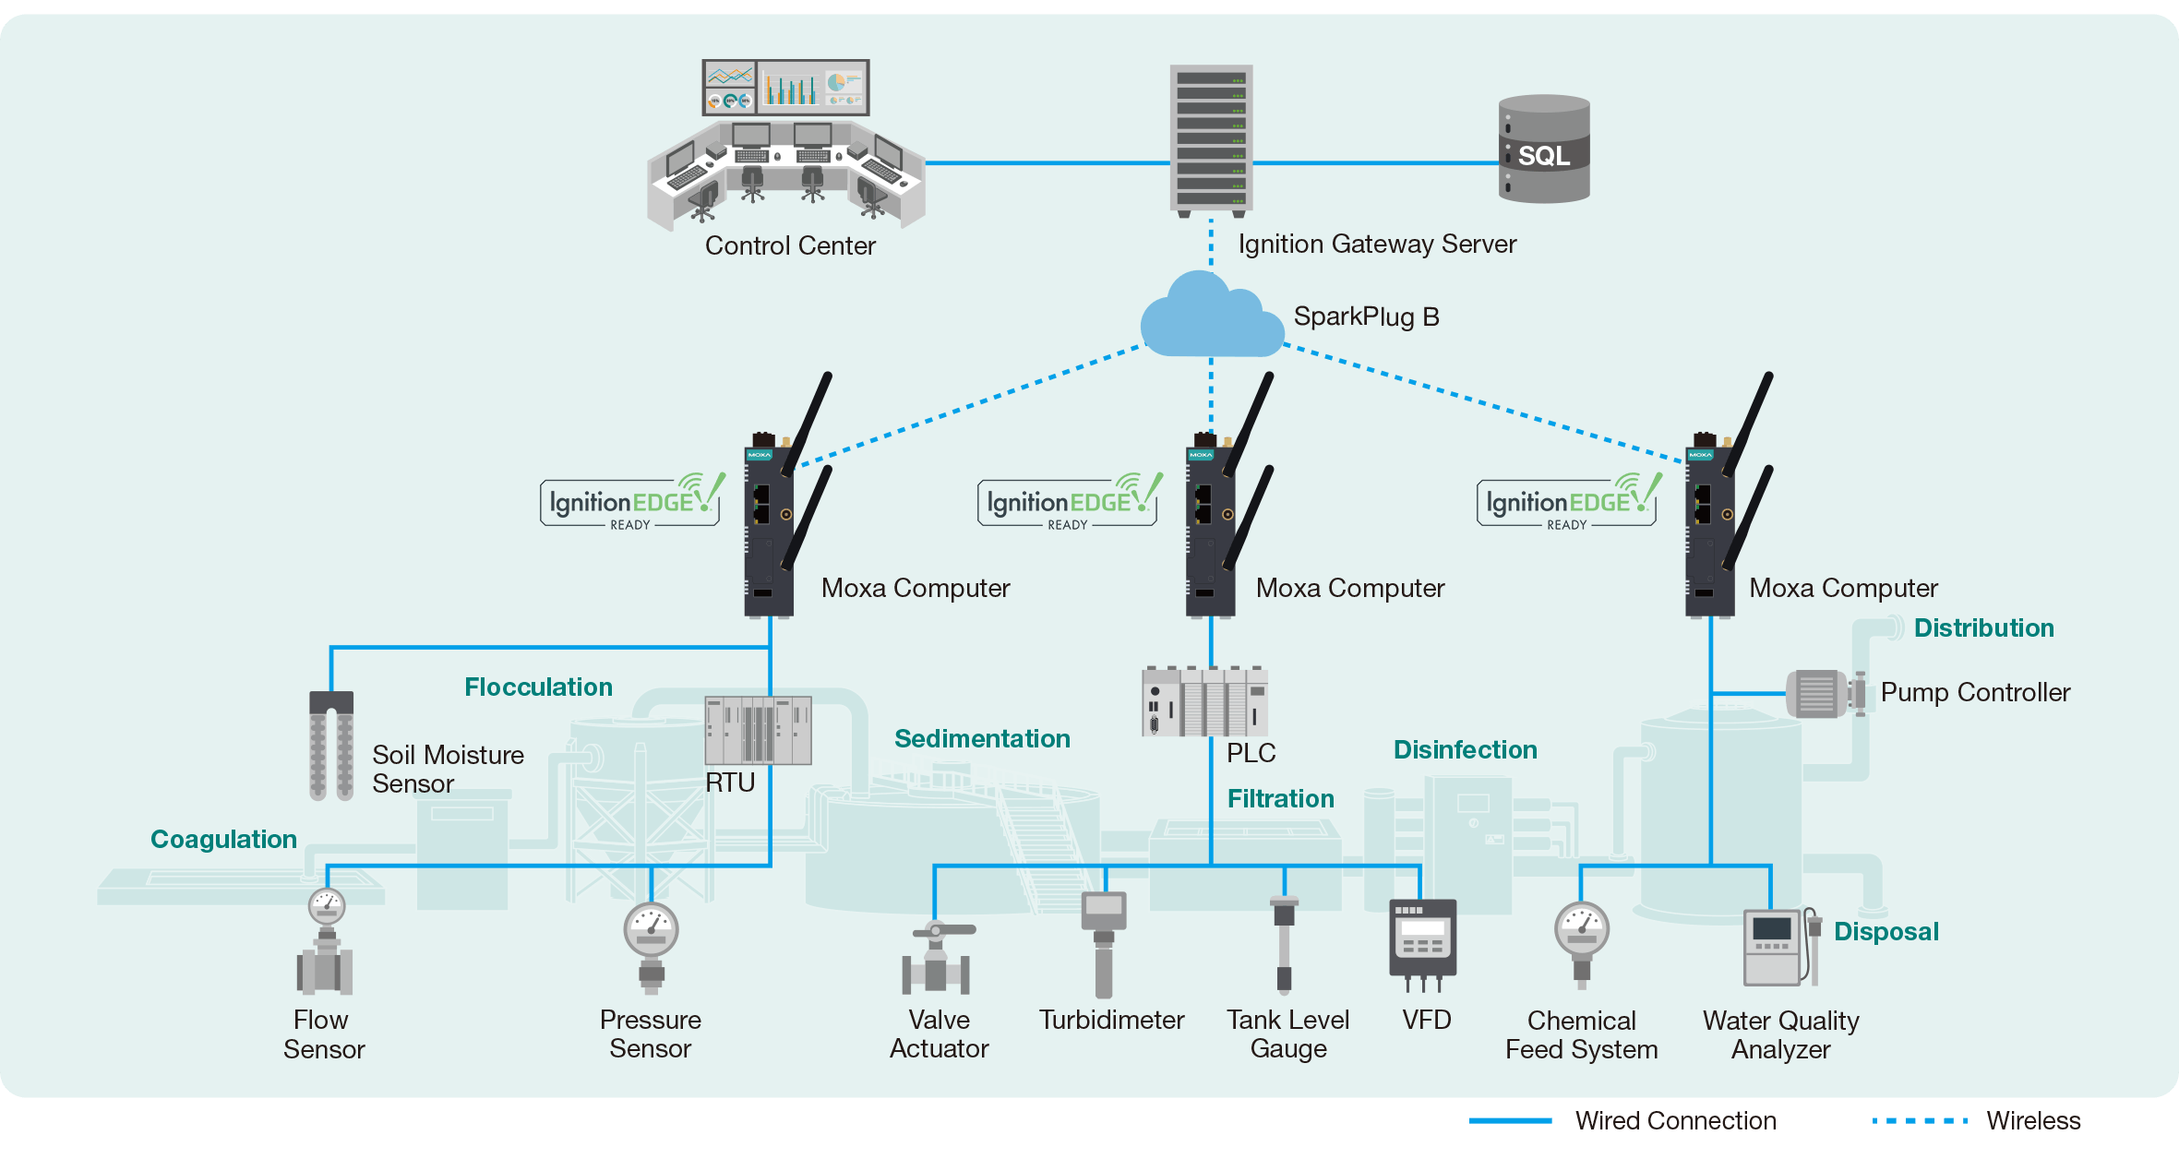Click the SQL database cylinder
[1544, 149]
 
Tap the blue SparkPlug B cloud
[1211, 316]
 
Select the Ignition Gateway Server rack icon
[1211, 140]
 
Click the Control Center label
[790, 245]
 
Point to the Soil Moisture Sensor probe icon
[331, 745]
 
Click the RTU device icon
[758, 730]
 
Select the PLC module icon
[1204, 700]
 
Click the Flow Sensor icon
[325, 941]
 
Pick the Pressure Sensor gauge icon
[651, 948]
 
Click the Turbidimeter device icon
[1104, 944]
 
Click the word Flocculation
[538, 687]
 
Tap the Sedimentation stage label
[982, 738]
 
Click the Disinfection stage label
[1465, 749]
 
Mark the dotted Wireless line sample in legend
[1920, 1121]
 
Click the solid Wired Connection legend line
[1510, 1121]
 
